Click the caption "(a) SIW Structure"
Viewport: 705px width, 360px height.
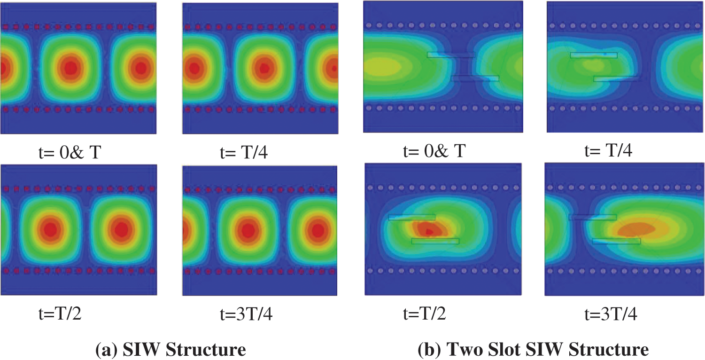tap(170, 349)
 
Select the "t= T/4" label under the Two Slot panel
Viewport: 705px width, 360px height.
tap(608, 151)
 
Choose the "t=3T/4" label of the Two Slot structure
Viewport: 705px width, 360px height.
tap(610, 314)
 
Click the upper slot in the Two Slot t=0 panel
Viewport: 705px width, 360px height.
tap(451, 55)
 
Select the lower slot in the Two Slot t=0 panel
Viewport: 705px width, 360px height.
tap(475, 78)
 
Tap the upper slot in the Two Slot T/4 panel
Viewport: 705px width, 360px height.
tap(594, 55)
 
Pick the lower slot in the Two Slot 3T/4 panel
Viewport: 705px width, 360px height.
tap(616, 241)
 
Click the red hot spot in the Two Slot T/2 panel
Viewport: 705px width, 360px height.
tap(430, 230)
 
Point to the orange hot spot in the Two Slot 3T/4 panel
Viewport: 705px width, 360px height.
tap(636, 229)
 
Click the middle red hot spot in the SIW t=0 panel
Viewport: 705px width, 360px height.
tap(70, 68)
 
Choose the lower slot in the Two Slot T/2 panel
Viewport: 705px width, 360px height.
tap(435, 241)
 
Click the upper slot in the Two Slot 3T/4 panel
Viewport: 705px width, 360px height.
tap(592, 217)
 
